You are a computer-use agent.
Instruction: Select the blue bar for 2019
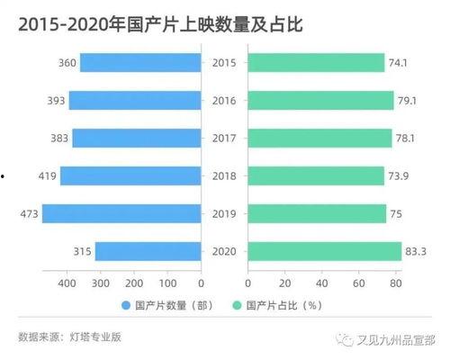click(121, 213)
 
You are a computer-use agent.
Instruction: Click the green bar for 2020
click(324, 251)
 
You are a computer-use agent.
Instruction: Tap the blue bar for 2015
click(140, 62)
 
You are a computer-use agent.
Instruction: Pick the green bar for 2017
click(320, 138)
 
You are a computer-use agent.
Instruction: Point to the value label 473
click(26, 213)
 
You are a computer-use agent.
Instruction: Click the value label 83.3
click(416, 251)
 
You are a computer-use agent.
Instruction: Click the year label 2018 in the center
click(223, 175)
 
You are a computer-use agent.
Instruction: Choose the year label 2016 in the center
click(223, 100)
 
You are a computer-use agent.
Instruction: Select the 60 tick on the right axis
click(359, 283)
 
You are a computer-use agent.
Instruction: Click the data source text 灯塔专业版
click(94, 337)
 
